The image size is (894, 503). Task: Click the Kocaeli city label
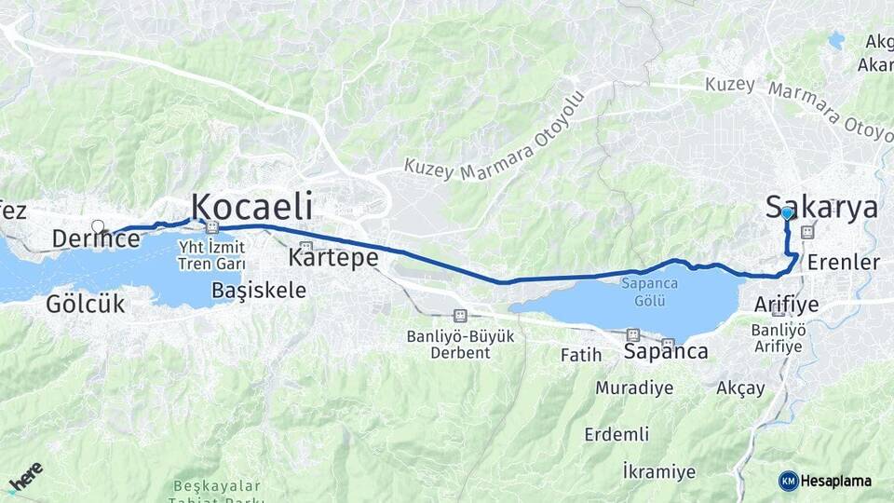coord(251,206)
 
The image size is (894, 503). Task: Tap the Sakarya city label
coord(821,207)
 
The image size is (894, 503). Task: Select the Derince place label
coord(96,239)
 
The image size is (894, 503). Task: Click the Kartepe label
coord(332,255)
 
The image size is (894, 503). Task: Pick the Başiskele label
coord(259,290)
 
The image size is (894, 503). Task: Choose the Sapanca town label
coord(665,352)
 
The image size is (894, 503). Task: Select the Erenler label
coord(843,262)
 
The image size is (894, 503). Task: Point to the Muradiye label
coord(634,387)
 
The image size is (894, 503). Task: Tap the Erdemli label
coord(616,434)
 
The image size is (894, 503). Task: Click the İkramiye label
coord(658,471)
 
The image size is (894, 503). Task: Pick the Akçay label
coord(740,387)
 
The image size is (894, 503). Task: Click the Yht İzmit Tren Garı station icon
coord(213,226)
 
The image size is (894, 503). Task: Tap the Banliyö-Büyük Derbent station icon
coord(459,316)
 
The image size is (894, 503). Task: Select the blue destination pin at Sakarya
coord(787,213)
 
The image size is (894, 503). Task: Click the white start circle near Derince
coord(98,225)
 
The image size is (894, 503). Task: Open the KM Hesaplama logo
coord(825,481)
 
